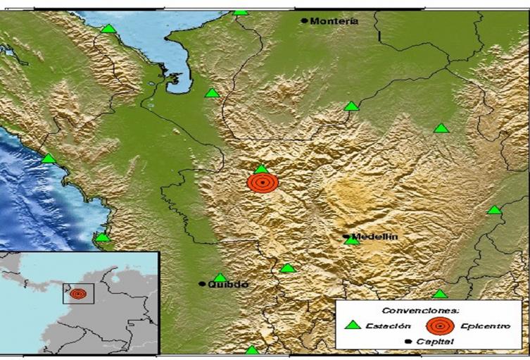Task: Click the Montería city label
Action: tap(334, 21)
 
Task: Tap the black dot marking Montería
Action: tap(304, 21)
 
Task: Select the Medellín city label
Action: tap(374, 237)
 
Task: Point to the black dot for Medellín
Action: tap(346, 237)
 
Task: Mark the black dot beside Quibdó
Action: tap(202, 284)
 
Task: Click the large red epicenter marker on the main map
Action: tap(263, 183)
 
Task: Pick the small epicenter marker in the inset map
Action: tap(77, 293)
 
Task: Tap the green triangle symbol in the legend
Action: tap(353, 325)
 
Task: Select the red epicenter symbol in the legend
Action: tap(440, 325)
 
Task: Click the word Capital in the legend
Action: tap(435, 342)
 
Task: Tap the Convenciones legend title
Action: tap(420, 310)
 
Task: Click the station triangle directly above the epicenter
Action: tap(261, 169)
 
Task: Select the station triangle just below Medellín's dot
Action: tap(351, 241)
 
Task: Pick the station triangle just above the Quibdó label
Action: tap(220, 278)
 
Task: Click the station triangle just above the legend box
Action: tap(439, 294)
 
